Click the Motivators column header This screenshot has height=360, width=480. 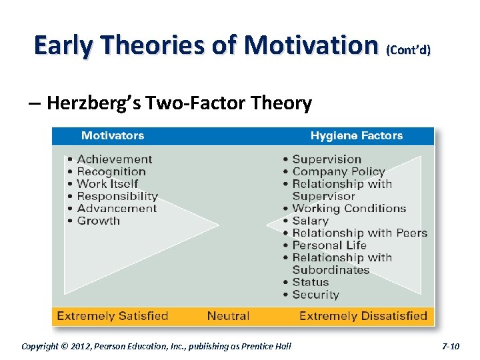coord(112,136)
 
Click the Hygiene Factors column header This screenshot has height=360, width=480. coord(356,136)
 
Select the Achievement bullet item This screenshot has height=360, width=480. coord(114,159)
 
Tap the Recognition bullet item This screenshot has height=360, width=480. coord(111,171)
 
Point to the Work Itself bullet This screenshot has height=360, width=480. coord(107,184)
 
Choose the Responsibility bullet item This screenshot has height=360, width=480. coord(117,196)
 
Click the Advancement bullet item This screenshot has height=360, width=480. coord(115,209)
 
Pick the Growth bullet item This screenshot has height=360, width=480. coord(98,221)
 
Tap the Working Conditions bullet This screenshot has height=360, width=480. coord(349,209)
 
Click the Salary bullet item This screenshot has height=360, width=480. coord(310,221)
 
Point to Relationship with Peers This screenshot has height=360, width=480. coord(359,233)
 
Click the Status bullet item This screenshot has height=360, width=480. coord(310,282)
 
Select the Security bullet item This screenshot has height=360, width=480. coord(315,295)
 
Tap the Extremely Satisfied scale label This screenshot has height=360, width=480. coord(113,316)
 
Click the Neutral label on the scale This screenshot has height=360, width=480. coord(229,316)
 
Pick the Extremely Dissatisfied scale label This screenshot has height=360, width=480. coord(363,316)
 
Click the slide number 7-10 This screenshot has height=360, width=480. coord(451,346)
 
